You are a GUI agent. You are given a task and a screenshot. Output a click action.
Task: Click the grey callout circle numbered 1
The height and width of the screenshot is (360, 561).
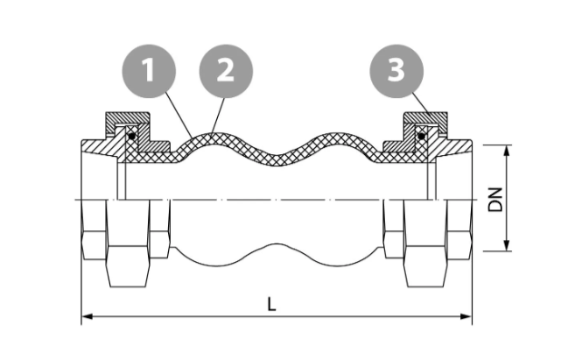pos(149,71)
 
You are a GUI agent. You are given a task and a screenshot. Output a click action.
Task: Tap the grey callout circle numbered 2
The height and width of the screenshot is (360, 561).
pos(226,71)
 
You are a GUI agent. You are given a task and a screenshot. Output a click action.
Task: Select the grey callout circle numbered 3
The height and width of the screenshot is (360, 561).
pos(396,71)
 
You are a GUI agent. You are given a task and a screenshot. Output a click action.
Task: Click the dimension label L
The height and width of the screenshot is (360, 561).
pos(272,305)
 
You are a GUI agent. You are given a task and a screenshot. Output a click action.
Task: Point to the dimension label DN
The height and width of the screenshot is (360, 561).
pos(496,199)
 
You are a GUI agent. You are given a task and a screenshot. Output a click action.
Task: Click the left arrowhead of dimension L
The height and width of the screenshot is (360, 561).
pos(88,317)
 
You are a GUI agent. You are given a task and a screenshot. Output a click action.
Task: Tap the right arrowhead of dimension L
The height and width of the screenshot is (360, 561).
pos(466,317)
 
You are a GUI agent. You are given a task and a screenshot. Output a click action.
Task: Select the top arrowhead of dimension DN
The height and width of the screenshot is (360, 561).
pos(506,151)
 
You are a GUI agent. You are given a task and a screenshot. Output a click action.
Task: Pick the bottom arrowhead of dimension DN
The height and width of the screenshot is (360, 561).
pos(506,245)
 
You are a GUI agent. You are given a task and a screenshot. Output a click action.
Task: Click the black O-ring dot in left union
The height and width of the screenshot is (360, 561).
pos(132,137)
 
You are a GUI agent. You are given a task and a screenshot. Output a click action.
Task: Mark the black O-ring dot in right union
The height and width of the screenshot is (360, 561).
pos(422,137)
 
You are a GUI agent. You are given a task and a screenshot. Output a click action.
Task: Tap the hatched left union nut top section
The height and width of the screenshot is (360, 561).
pos(127,119)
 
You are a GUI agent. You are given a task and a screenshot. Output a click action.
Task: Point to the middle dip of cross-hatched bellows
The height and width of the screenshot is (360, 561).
pos(277,159)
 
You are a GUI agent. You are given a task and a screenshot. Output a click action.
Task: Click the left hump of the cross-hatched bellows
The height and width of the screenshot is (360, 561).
pos(214,138)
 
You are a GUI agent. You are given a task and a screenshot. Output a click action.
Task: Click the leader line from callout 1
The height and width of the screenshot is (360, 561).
pos(179,116)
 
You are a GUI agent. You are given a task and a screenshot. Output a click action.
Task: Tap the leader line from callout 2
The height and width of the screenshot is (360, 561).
pos(218,116)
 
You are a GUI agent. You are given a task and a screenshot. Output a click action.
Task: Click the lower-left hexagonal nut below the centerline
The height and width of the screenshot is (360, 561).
pos(128,244)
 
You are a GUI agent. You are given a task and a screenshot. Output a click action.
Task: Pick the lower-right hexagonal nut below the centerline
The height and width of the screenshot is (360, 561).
pos(425,244)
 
